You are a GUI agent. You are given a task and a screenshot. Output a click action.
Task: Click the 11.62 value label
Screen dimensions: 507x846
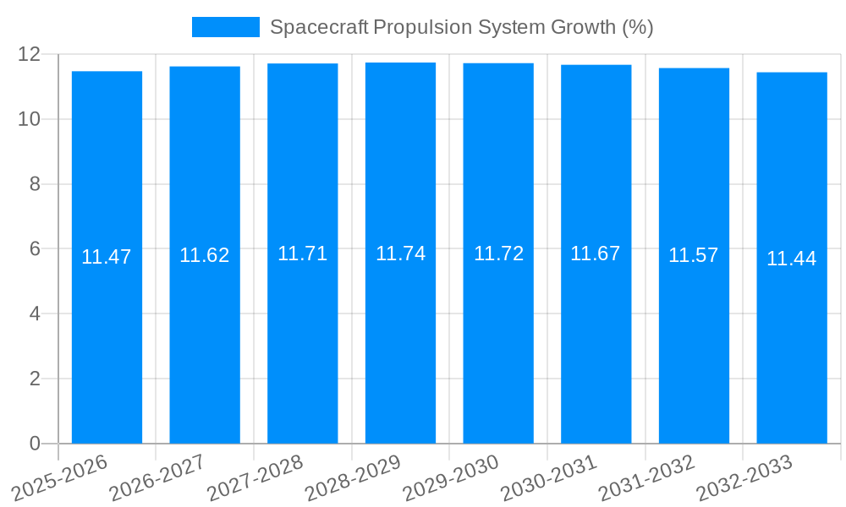tap(205, 255)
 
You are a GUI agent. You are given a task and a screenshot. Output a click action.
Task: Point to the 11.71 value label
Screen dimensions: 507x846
tap(303, 253)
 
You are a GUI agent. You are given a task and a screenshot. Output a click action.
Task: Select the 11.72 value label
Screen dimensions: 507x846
tap(498, 253)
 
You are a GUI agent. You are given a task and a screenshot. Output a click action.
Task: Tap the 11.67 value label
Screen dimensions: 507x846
tap(596, 253)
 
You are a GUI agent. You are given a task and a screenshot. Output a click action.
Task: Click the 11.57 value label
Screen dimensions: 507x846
tap(694, 255)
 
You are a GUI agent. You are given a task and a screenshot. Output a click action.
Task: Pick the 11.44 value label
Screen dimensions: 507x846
tap(792, 259)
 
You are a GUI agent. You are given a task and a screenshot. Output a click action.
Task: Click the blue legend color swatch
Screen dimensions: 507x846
tap(226, 27)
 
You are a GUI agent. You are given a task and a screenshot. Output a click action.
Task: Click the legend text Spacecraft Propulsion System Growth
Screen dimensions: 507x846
tap(461, 27)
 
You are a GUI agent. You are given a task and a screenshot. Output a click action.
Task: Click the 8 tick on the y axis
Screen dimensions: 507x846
tap(35, 184)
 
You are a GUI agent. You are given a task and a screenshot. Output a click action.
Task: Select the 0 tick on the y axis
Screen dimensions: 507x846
tap(35, 444)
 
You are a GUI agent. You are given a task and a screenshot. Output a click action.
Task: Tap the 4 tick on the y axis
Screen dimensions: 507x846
tap(35, 313)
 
